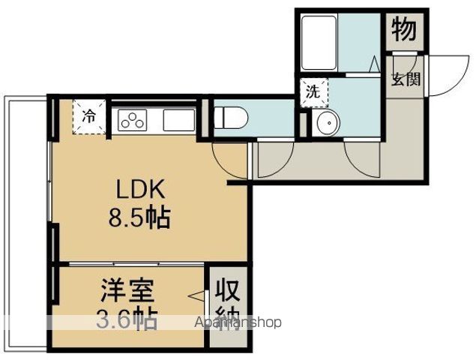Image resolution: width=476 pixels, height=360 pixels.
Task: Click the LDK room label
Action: coord(141,189)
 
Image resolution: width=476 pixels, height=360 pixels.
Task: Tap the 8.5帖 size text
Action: coord(139,217)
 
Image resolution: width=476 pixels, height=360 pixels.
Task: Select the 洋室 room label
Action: coord(127,290)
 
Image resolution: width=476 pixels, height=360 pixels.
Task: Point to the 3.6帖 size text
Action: coord(127,319)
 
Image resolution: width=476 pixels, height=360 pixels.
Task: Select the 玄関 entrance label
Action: coord(406,79)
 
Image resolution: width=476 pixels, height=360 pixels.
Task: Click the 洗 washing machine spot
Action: coord(314,93)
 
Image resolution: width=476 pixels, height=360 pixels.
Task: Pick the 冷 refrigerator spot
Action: coord(89,117)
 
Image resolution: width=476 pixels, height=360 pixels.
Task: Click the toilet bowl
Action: coord(231,118)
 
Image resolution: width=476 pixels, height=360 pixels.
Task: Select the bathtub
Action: coord(319,43)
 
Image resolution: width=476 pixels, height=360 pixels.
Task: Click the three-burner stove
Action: coord(133,120)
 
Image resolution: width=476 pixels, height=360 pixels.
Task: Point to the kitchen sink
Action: coord(179,120)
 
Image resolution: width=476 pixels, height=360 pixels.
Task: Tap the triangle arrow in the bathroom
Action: coord(374,64)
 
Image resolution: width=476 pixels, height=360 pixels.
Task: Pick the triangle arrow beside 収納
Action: coord(196,296)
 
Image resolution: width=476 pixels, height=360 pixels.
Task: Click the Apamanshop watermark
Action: coord(238,322)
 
